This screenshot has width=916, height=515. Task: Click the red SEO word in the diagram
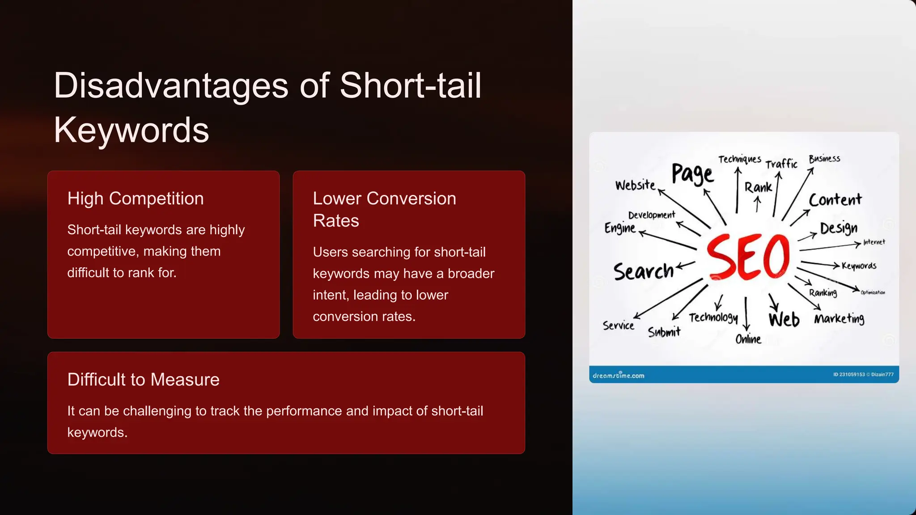click(x=748, y=257)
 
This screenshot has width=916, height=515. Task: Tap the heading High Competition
click(x=136, y=198)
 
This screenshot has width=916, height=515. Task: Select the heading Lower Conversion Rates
click(x=384, y=209)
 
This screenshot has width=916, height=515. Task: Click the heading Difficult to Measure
click(x=143, y=380)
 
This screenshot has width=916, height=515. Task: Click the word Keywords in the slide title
click(x=131, y=130)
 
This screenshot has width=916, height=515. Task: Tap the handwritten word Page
click(x=692, y=173)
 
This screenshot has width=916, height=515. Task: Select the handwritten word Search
click(x=643, y=271)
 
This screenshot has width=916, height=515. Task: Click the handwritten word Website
click(x=635, y=185)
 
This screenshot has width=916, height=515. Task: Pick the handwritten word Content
click(x=835, y=200)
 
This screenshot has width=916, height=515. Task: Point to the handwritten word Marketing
click(x=839, y=319)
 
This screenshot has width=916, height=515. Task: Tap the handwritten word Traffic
click(x=781, y=164)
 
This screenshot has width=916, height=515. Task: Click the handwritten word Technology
click(x=713, y=317)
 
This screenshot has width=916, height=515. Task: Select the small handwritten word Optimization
click(x=873, y=292)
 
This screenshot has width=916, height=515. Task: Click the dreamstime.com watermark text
click(x=619, y=376)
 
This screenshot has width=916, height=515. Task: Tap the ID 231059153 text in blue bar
click(x=848, y=375)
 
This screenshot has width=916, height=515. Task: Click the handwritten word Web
click(x=784, y=320)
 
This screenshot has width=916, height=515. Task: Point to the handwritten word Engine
click(x=620, y=228)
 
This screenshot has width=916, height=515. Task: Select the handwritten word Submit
click(x=664, y=332)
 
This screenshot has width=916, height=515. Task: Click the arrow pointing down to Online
click(x=746, y=313)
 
